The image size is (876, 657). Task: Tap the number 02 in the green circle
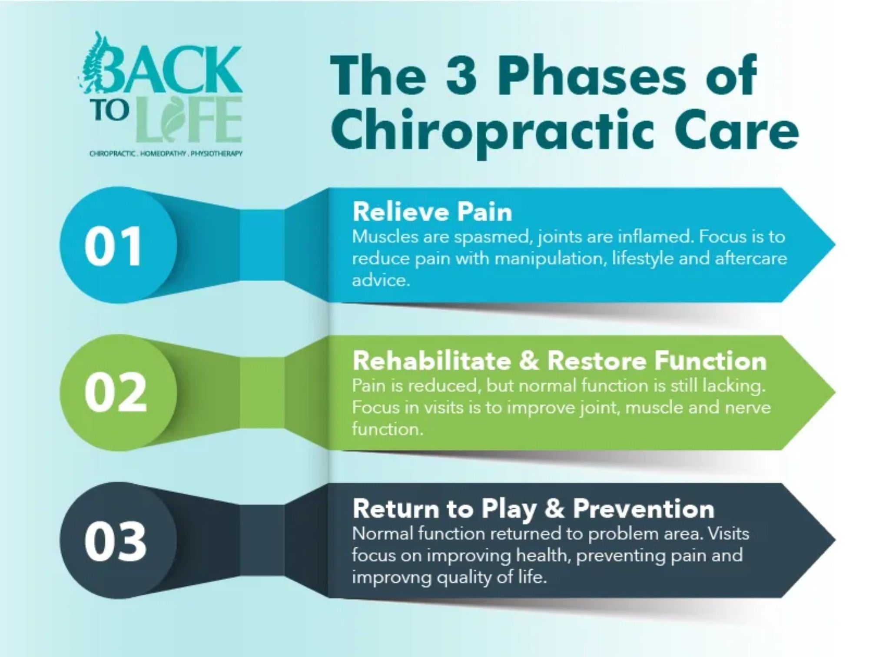(x=116, y=393)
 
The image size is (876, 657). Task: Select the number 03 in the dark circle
(x=116, y=541)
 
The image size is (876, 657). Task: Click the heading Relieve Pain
(x=432, y=212)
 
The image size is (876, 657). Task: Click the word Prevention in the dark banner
(x=644, y=509)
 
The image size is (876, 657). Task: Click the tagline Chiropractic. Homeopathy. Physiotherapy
(x=166, y=153)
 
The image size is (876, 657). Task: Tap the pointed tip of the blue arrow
(x=835, y=245)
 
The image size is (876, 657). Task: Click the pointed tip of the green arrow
(x=835, y=393)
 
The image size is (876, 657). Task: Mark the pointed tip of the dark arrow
(x=835, y=541)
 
